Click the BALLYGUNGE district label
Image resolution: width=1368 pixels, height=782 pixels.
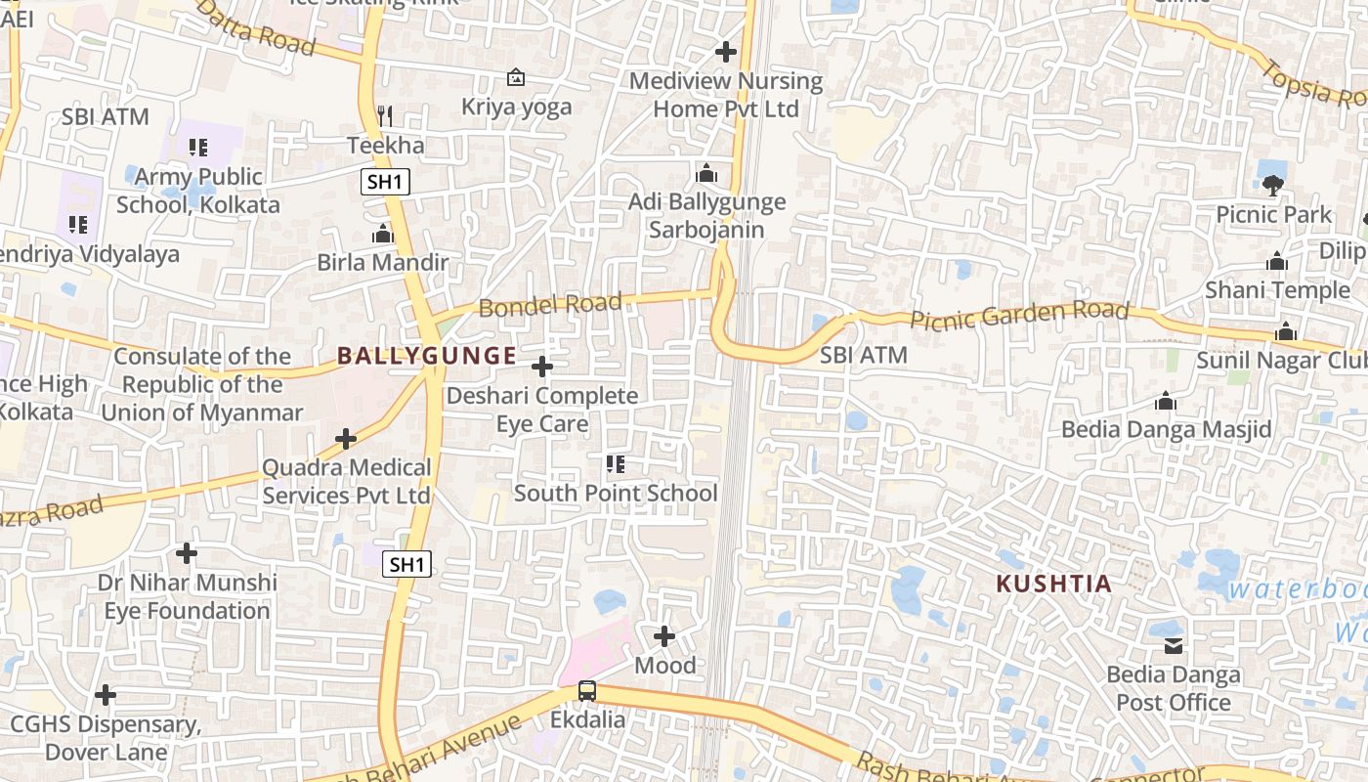(x=426, y=356)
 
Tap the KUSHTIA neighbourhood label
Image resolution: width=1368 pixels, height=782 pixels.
(x=1053, y=585)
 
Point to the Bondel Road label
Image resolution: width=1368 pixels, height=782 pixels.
(x=550, y=305)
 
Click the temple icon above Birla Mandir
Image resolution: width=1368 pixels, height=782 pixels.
(x=383, y=235)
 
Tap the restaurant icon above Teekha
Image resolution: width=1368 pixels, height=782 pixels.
(x=385, y=116)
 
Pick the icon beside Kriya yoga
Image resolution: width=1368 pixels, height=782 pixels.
(x=516, y=77)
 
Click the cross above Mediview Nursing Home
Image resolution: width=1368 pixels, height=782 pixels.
(x=725, y=51)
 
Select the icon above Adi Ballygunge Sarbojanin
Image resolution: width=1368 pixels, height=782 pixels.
(x=706, y=175)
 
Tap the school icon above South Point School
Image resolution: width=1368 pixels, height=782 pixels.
(x=615, y=464)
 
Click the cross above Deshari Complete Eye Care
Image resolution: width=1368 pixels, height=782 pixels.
(x=541, y=367)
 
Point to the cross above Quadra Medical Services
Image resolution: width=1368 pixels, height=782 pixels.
(x=346, y=439)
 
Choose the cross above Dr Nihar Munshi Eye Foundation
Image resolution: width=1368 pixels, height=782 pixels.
(x=187, y=553)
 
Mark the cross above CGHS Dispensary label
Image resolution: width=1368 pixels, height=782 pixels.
(x=106, y=695)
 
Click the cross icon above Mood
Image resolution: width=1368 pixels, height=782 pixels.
(x=664, y=636)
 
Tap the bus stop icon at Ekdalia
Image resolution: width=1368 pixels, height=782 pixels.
(x=586, y=690)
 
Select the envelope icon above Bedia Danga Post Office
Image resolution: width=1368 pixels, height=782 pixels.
(x=1173, y=645)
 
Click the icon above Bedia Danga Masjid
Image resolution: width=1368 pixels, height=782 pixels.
(x=1165, y=402)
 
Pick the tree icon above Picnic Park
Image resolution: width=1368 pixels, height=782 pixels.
(x=1272, y=185)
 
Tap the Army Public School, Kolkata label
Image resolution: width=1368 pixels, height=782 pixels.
(x=198, y=191)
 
